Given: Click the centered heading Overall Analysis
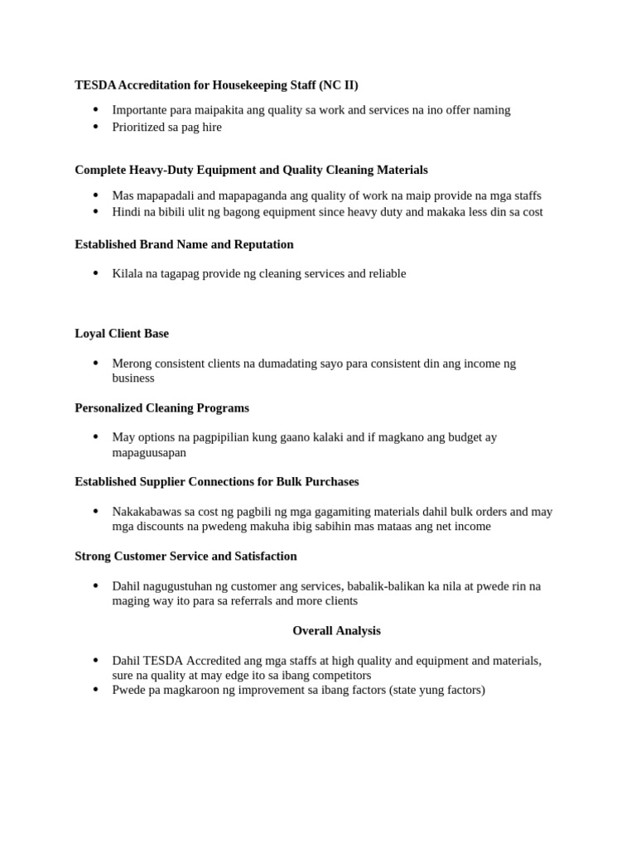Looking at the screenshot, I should point(336,631).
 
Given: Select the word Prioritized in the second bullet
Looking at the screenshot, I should point(138,128).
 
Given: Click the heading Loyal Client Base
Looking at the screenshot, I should point(122,334).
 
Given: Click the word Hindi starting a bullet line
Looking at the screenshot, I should point(127,212).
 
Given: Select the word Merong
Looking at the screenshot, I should point(131,364).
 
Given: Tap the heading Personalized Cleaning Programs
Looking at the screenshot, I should point(161,408).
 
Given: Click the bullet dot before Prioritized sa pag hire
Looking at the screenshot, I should point(95,127).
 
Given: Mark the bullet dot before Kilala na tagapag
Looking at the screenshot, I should point(95,273).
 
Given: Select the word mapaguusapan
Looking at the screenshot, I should point(149,453).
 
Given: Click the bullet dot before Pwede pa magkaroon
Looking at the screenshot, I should point(95,689).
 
